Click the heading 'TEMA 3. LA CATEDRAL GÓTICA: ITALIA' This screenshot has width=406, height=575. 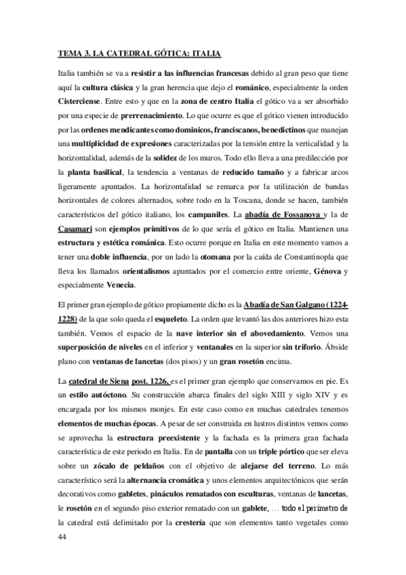138,52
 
